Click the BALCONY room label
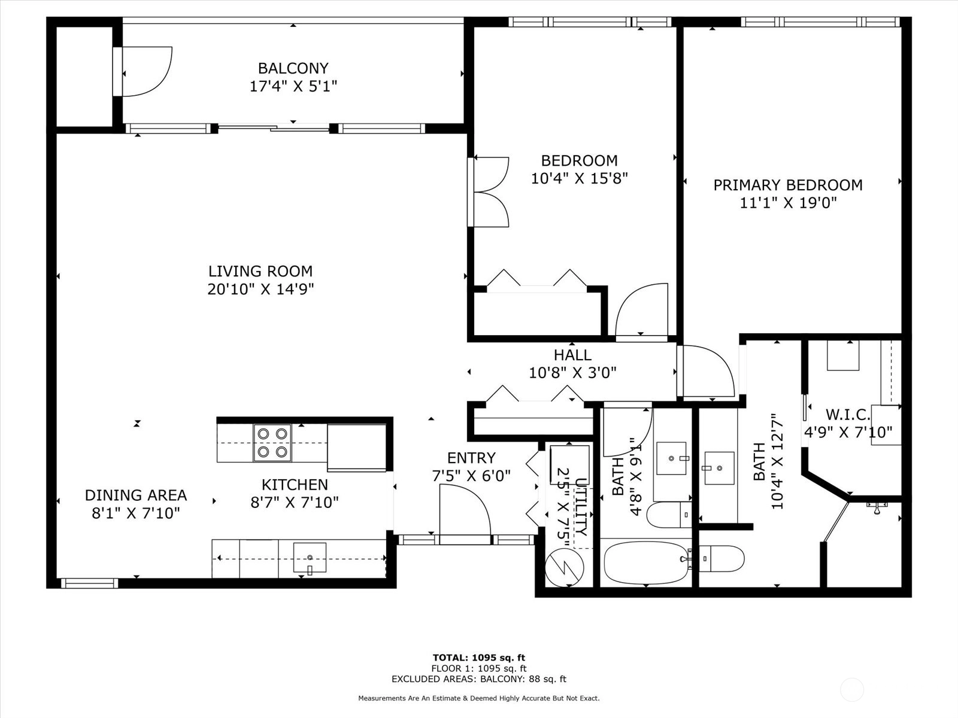pyautogui.click(x=293, y=68)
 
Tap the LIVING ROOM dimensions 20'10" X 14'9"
pyautogui.click(x=260, y=289)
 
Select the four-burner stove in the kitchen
pyautogui.click(x=272, y=443)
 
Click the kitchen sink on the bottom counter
pyautogui.click(x=310, y=557)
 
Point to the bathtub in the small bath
pyautogui.click(x=647, y=562)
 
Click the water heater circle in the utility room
pyautogui.click(x=565, y=568)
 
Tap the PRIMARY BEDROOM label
pyautogui.click(x=788, y=185)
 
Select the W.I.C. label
pyautogui.click(x=848, y=414)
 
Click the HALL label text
pyautogui.click(x=572, y=355)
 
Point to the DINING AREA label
pyautogui.click(x=136, y=495)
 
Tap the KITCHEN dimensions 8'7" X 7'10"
pyautogui.click(x=295, y=503)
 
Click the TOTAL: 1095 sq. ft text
pyautogui.click(x=479, y=658)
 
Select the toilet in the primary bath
pyautogui.click(x=721, y=558)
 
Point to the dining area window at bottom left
pyautogui.click(x=89, y=583)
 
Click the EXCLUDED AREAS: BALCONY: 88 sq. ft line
pyautogui.click(x=479, y=679)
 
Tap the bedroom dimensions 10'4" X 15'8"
pyautogui.click(x=579, y=178)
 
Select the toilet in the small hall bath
pyautogui.click(x=669, y=515)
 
